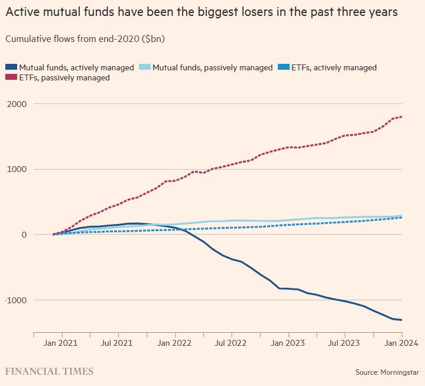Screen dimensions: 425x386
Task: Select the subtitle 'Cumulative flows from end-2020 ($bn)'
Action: click(x=85, y=39)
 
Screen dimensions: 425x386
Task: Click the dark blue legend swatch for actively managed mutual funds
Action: click(x=11, y=67)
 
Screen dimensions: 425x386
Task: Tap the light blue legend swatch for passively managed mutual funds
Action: click(x=144, y=67)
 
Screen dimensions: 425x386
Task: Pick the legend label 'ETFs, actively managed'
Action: click(x=334, y=67)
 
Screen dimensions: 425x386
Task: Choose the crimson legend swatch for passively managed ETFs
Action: click(x=11, y=77)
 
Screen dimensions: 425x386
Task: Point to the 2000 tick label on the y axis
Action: click(x=17, y=104)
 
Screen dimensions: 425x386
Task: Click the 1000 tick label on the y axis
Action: click(x=17, y=170)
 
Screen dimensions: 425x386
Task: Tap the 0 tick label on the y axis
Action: click(x=24, y=235)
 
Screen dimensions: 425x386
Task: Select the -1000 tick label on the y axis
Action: click(x=16, y=300)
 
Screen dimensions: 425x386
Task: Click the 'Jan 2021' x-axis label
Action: click(x=60, y=343)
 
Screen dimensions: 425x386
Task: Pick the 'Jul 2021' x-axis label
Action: click(x=117, y=343)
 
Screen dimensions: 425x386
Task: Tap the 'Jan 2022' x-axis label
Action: click(x=174, y=343)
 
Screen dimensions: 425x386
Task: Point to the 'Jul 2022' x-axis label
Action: click(x=231, y=343)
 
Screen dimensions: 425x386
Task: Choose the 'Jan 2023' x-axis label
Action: click(x=288, y=343)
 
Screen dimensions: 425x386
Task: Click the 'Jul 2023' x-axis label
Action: click(x=344, y=343)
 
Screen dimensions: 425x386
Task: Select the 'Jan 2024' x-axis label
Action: click(x=401, y=343)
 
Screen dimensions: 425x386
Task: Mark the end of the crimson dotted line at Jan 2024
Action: click(x=401, y=117)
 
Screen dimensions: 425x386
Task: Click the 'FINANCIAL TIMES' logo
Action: click(x=49, y=371)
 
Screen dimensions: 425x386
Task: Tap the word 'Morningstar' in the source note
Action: click(x=400, y=372)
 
